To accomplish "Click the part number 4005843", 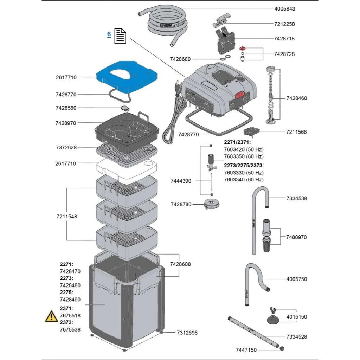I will pos(285,9).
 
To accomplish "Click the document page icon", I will pos(120,36).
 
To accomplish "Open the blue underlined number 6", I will pos(109,34).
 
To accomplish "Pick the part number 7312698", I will pos(187,332).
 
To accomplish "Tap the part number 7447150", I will pos(246,350).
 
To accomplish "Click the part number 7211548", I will pos(66,217).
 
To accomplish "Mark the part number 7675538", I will pos(70,329).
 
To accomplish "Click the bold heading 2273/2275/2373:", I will pos(244,165).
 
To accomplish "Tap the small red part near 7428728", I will pos(242,48).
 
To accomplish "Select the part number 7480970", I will pos(296,237).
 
